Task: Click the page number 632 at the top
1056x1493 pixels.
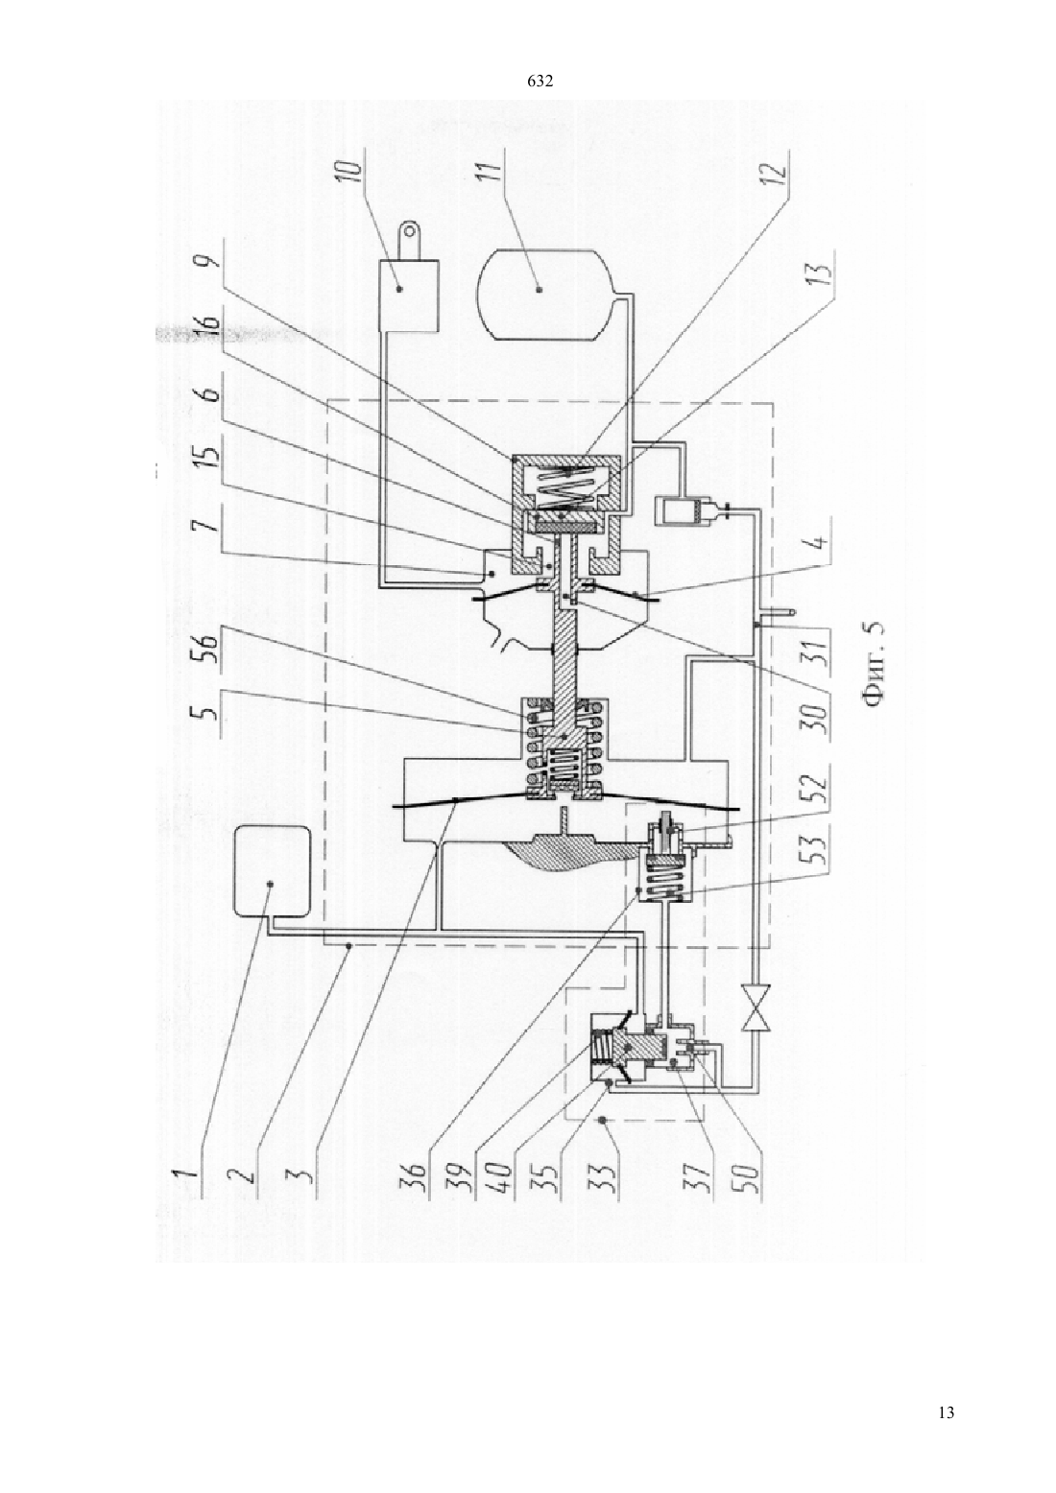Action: click(540, 81)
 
